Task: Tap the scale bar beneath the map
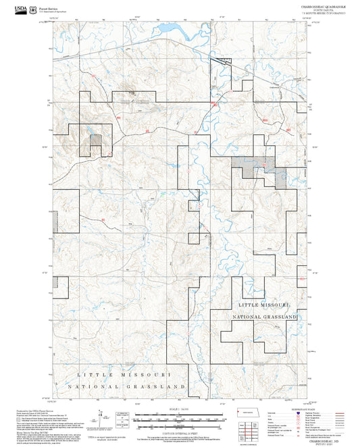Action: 179,419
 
